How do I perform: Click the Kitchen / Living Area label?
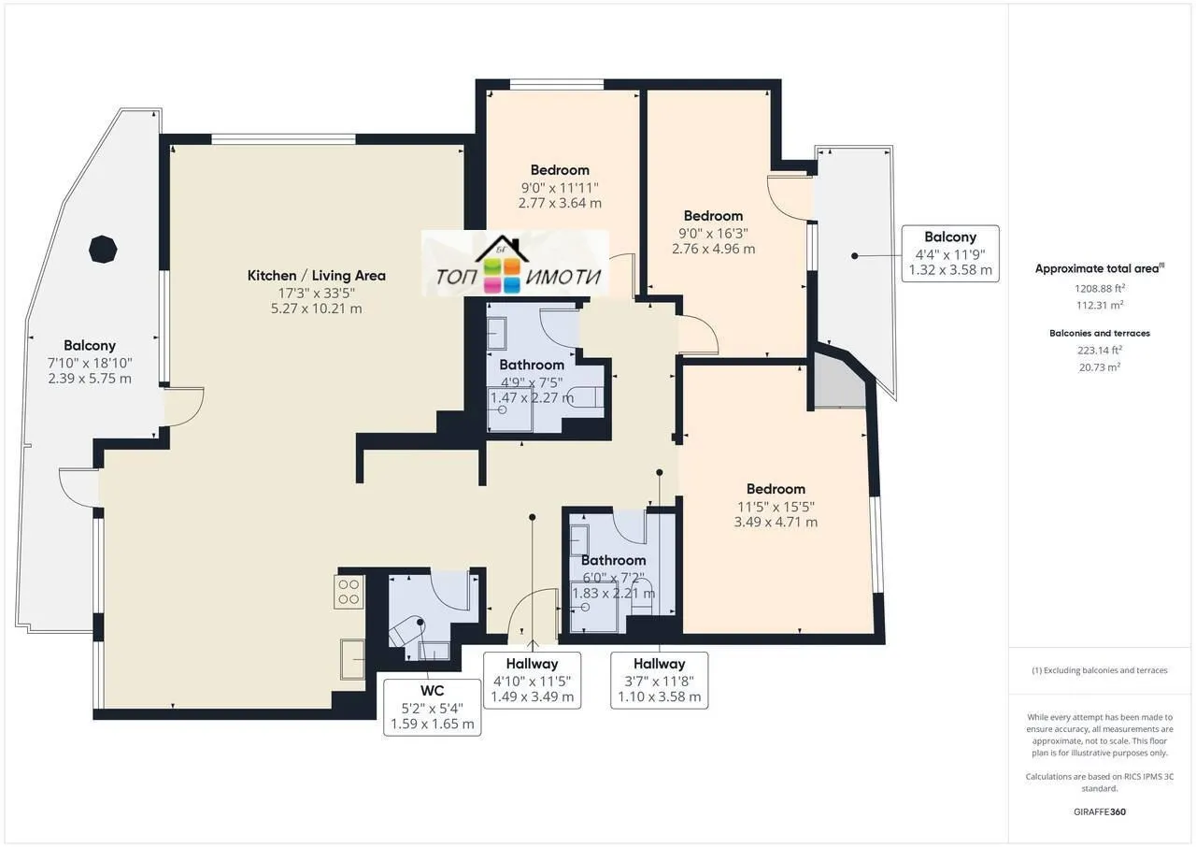pos(316,276)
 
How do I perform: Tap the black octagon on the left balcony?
pos(103,250)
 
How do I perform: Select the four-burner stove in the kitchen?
pos(349,592)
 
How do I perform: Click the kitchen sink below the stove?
pos(352,659)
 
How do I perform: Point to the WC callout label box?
pos(433,707)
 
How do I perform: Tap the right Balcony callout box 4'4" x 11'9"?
pos(949,253)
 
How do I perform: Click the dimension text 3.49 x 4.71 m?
pos(776,522)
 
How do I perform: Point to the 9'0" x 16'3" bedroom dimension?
pos(713,233)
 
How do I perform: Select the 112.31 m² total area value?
pos(1099,304)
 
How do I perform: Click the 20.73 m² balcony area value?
pos(1099,367)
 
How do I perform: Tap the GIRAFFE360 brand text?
pos(1099,811)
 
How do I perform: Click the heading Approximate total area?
pos(1099,268)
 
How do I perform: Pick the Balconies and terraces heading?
pos(1099,333)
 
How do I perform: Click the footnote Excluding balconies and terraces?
pos(1099,670)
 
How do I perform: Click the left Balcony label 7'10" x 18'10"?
pos(90,362)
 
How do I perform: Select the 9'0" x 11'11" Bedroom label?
pos(560,186)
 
